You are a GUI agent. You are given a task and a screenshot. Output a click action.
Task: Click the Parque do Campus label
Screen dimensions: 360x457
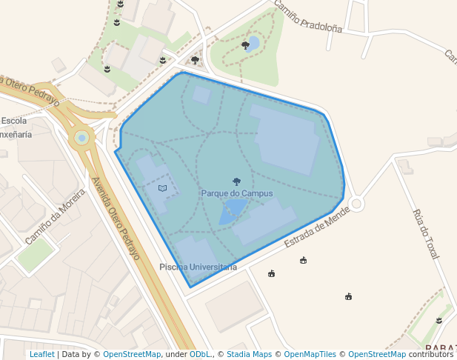pyautogui.click(x=236, y=193)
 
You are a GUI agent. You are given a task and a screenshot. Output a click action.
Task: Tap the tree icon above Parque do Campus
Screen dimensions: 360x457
pyautogui.click(x=236, y=181)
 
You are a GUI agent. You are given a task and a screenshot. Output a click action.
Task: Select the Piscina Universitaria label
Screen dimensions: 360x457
pyautogui.click(x=198, y=267)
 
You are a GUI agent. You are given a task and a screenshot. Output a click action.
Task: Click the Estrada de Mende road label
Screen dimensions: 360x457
pyautogui.click(x=316, y=228)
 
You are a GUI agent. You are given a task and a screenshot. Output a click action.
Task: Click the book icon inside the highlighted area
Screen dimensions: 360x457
pyautogui.click(x=163, y=188)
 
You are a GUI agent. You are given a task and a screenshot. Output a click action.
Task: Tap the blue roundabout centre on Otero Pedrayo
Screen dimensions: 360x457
pyautogui.click(x=81, y=137)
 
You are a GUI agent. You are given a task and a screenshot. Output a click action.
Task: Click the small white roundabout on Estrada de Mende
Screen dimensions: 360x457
pyautogui.click(x=356, y=203)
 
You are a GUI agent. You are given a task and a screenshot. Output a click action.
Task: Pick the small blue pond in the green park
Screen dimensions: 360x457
pyautogui.click(x=253, y=44)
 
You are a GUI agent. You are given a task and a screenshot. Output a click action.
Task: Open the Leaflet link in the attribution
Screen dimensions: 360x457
pyautogui.click(x=41, y=355)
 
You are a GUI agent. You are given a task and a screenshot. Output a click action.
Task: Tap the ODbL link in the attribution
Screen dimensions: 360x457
pyautogui.click(x=200, y=355)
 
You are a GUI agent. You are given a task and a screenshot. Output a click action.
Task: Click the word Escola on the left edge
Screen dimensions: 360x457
pyautogui.click(x=14, y=121)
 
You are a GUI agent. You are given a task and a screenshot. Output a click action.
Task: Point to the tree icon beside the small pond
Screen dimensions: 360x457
pyautogui.click(x=245, y=45)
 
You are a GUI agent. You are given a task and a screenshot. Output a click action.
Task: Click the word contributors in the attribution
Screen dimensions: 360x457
pyautogui.click(x=430, y=355)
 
